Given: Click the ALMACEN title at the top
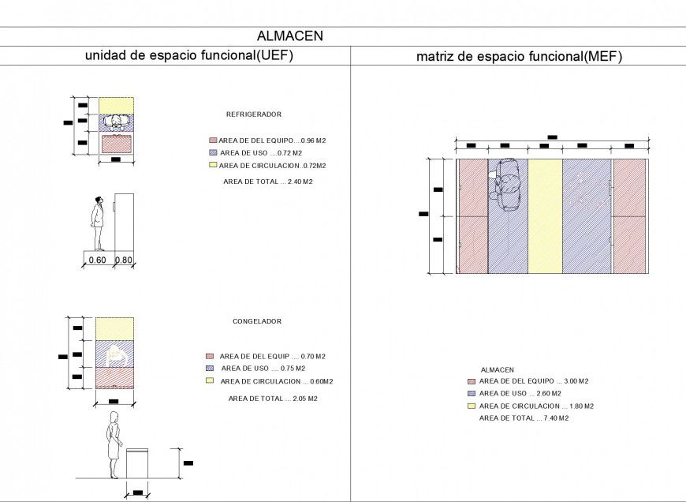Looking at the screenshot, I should click(x=289, y=36).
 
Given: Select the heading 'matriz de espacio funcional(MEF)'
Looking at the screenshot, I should click(x=519, y=56).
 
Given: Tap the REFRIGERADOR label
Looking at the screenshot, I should click(x=254, y=114).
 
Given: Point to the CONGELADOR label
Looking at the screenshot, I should click(x=256, y=321).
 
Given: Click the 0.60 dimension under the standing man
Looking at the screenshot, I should click(x=97, y=260).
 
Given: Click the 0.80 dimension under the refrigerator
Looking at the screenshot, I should click(x=124, y=260).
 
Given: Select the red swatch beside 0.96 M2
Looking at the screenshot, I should click(x=213, y=140).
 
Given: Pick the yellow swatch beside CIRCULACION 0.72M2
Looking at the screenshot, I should click(x=213, y=165).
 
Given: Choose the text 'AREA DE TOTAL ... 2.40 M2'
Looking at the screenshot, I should click(x=268, y=182).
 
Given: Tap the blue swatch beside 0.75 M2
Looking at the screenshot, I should click(x=209, y=368).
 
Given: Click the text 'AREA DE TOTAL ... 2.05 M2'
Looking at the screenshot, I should click(x=273, y=399).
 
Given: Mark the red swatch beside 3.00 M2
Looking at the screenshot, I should click(x=472, y=380).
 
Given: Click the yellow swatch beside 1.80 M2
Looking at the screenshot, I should click(x=472, y=406).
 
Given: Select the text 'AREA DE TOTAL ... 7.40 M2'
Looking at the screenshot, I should click(x=524, y=418).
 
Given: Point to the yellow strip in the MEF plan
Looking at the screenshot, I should click(x=545, y=215).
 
